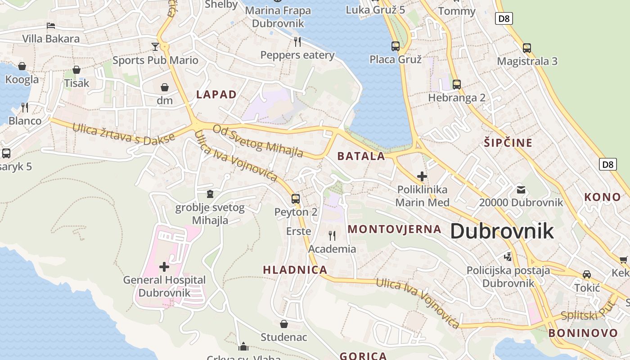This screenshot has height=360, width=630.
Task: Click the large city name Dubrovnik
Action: click(502, 231)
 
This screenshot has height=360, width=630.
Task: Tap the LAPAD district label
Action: click(216, 94)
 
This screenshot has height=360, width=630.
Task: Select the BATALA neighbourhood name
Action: click(361, 157)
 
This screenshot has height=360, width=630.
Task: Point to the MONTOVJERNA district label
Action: click(395, 229)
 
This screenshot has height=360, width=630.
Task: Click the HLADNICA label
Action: click(295, 270)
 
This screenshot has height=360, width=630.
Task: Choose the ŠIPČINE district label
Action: click(508, 143)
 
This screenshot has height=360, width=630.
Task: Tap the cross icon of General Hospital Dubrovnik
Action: click(164, 267)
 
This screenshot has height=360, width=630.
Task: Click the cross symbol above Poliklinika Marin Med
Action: click(422, 176)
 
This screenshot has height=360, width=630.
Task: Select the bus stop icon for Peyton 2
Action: click(296, 198)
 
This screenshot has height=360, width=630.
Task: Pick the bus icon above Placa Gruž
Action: click(396, 46)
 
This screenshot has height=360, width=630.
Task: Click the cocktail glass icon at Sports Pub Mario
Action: click(155, 46)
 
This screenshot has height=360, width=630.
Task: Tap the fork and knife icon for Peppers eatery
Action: click(297, 42)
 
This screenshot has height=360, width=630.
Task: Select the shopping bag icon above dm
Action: click(165, 87)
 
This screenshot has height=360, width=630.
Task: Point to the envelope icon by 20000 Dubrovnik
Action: click(521, 189)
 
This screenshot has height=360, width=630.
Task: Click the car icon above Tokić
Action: click(587, 274)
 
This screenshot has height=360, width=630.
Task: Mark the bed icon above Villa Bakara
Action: click(51, 26)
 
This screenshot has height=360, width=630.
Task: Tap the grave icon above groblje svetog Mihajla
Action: click(210, 194)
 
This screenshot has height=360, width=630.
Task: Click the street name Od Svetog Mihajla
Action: click(258, 141)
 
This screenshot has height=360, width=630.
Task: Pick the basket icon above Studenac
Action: click(284, 324)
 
